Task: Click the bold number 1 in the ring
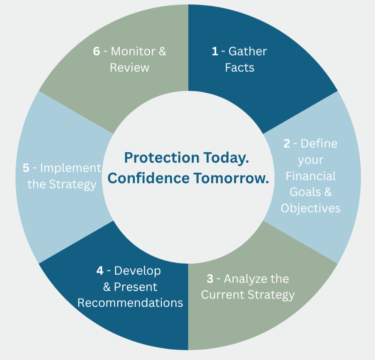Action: pos(215,52)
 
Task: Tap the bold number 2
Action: pos(287,144)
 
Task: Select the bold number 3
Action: pos(210,279)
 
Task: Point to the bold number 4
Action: pos(100,271)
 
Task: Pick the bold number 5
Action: pos(26,168)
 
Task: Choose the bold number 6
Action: pos(96,52)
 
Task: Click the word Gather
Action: pos(248,52)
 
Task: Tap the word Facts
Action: pos(240,67)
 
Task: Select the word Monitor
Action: pos(133,52)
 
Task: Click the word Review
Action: pos(130,67)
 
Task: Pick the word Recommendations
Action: pos(130,303)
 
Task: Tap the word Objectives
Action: pos(310,208)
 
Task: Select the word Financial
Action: pos(311,176)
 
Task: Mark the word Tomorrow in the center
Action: pos(231,178)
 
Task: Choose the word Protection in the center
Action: pos(162,158)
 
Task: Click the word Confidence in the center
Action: pos(148,178)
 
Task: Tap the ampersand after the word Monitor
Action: pos(162,52)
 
